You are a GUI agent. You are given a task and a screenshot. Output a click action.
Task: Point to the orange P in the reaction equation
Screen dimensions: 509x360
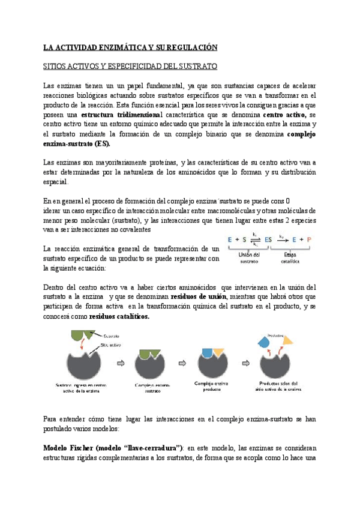[309, 239]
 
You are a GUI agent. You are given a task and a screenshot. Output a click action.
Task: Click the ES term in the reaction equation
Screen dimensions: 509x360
[268, 239]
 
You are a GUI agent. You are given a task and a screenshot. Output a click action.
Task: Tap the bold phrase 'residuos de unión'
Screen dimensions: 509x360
[199, 297]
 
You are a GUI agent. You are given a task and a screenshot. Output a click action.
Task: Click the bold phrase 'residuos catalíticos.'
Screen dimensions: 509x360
[119, 317]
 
